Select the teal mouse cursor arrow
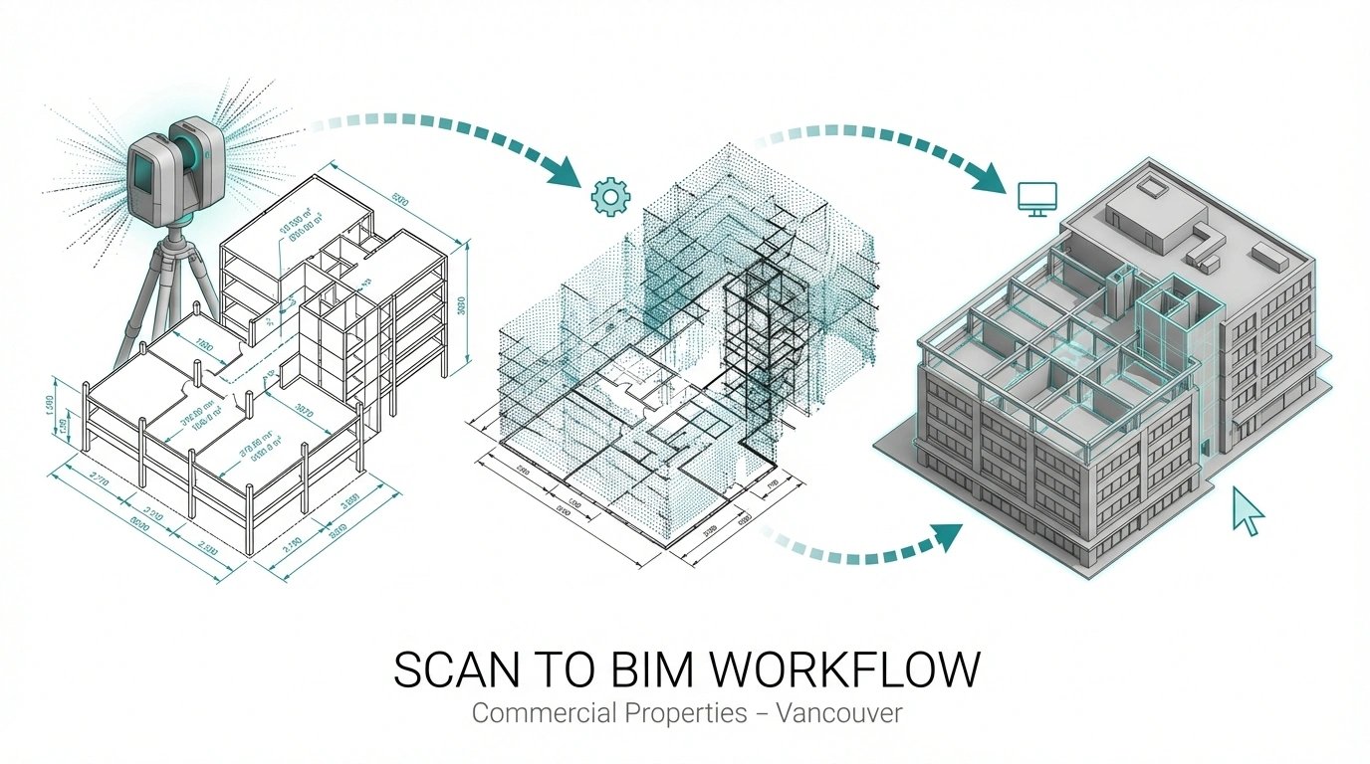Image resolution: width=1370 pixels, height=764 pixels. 1248,510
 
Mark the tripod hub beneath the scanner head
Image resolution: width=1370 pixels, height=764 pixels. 175,239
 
